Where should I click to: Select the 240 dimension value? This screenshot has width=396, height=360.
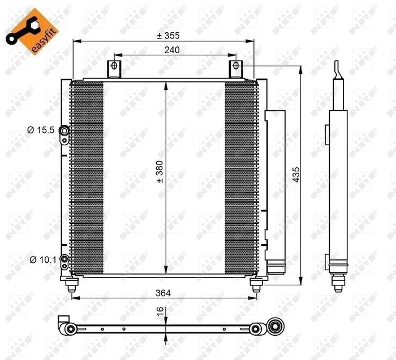click(173, 50)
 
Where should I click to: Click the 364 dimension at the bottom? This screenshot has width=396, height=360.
click(162, 293)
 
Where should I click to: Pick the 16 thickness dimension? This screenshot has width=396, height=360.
click(160, 310)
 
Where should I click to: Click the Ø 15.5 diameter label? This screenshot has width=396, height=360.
click(40, 131)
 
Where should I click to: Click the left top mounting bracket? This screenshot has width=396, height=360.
click(114, 68)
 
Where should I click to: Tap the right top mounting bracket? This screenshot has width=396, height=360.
click(235, 68)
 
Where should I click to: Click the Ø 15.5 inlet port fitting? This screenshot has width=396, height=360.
click(65, 132)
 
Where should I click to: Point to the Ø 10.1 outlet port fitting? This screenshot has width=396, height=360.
click(65, 260)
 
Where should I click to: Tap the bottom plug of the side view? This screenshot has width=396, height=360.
click(338, 281)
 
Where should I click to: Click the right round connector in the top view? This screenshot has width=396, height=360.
click(277, 326)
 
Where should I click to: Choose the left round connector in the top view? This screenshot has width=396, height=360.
click(69, 328)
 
